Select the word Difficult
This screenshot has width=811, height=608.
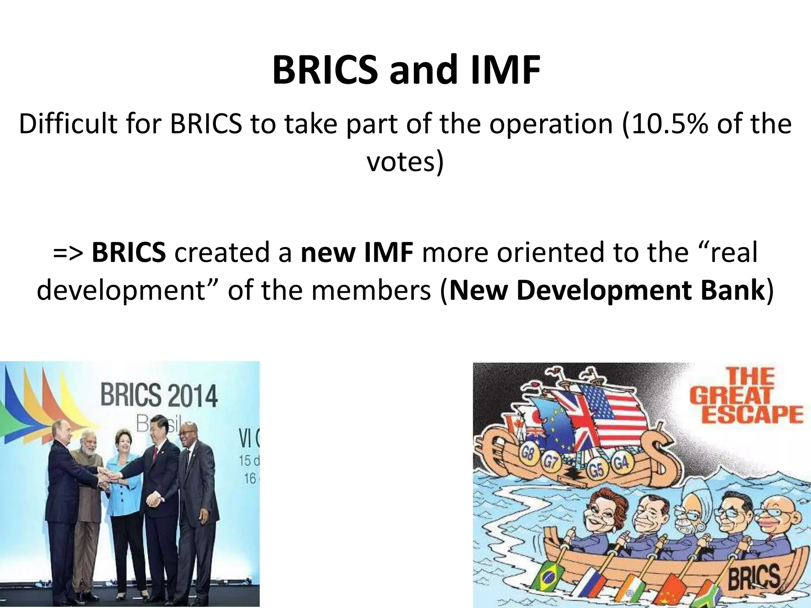coord(67,124)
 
